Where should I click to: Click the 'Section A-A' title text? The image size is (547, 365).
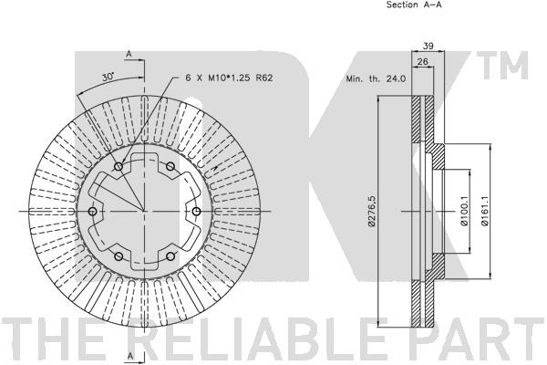(414, 5)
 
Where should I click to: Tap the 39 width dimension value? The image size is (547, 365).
(428, 46)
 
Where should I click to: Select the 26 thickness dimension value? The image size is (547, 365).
(423, 61)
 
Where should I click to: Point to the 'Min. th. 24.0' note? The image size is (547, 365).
(376, 79)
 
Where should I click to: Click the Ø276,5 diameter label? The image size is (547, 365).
(372, 211)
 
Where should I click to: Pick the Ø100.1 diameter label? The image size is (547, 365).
(464, 211)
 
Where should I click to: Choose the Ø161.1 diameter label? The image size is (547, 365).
(484, 211)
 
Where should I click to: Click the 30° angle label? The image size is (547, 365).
(108, 77)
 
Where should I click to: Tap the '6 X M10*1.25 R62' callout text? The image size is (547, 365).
(229, 78)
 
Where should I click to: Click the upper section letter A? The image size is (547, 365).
(129, 54)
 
